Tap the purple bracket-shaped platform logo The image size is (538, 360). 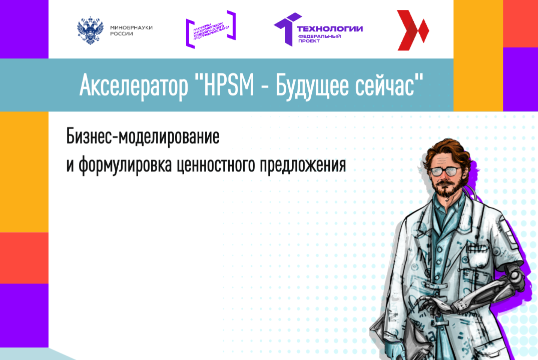(211, 29)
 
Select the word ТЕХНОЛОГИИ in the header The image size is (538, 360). (330, 28)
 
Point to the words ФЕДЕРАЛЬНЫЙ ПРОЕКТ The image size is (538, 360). (319, 38)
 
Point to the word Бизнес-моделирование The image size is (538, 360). (143, 137)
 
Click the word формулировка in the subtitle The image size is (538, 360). (126, 165)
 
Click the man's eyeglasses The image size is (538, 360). (444, 171)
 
